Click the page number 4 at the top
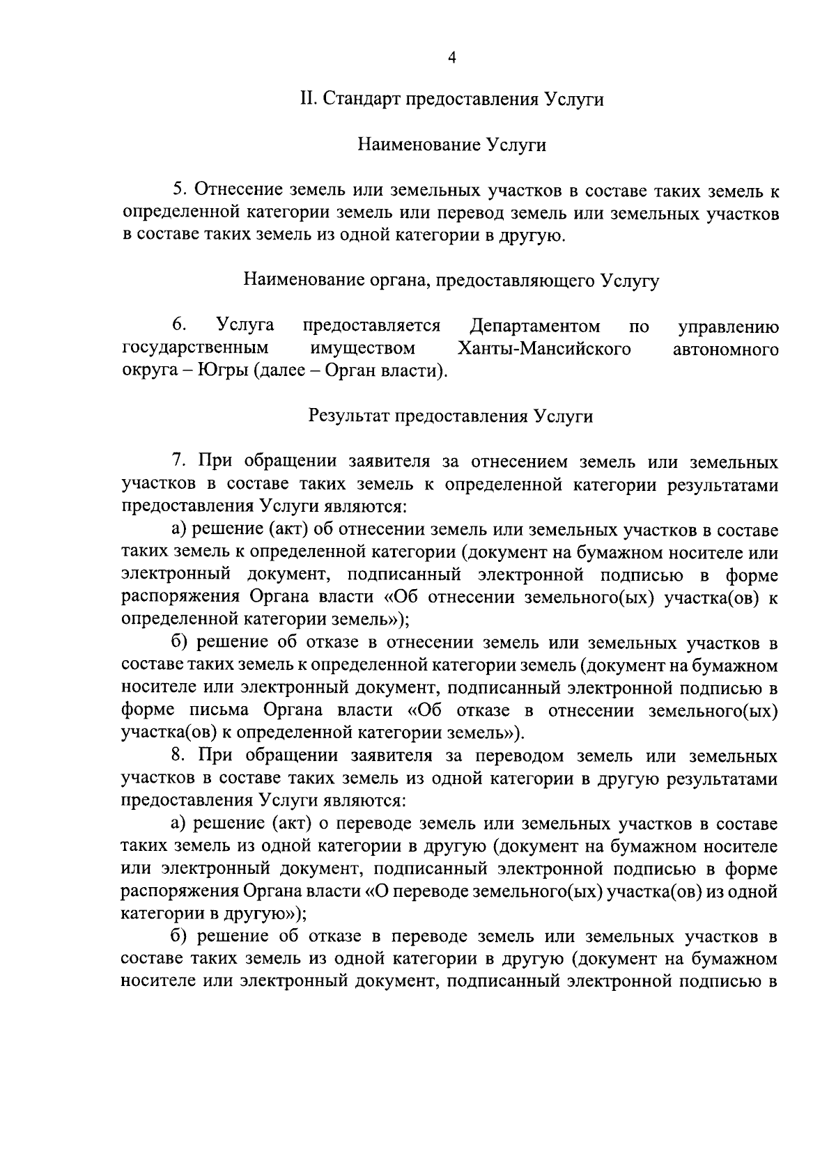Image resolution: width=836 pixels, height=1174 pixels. pos(451,58)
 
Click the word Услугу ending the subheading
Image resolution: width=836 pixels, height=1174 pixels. pos(630,281)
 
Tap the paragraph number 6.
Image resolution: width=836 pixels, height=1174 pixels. pos(178,325)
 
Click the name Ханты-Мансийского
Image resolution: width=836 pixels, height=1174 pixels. pos(544,348)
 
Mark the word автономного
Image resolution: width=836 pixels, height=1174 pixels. pos(726,348)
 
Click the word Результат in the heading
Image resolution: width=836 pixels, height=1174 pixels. pos(348,416)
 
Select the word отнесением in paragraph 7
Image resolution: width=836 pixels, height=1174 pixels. pos(520,462)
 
